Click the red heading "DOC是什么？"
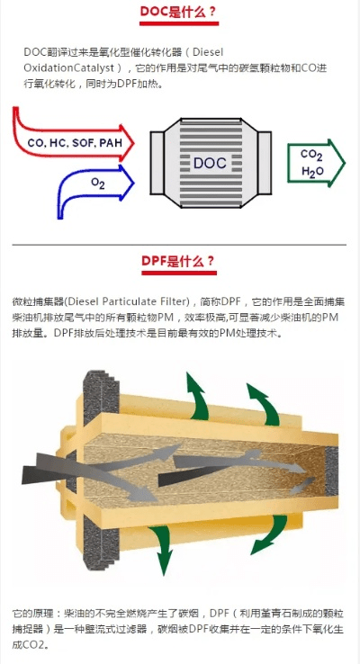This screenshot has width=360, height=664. click(178, 13)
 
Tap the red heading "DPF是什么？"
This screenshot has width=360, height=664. click(178, 262)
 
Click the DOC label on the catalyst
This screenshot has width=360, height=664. click(210, 164)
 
